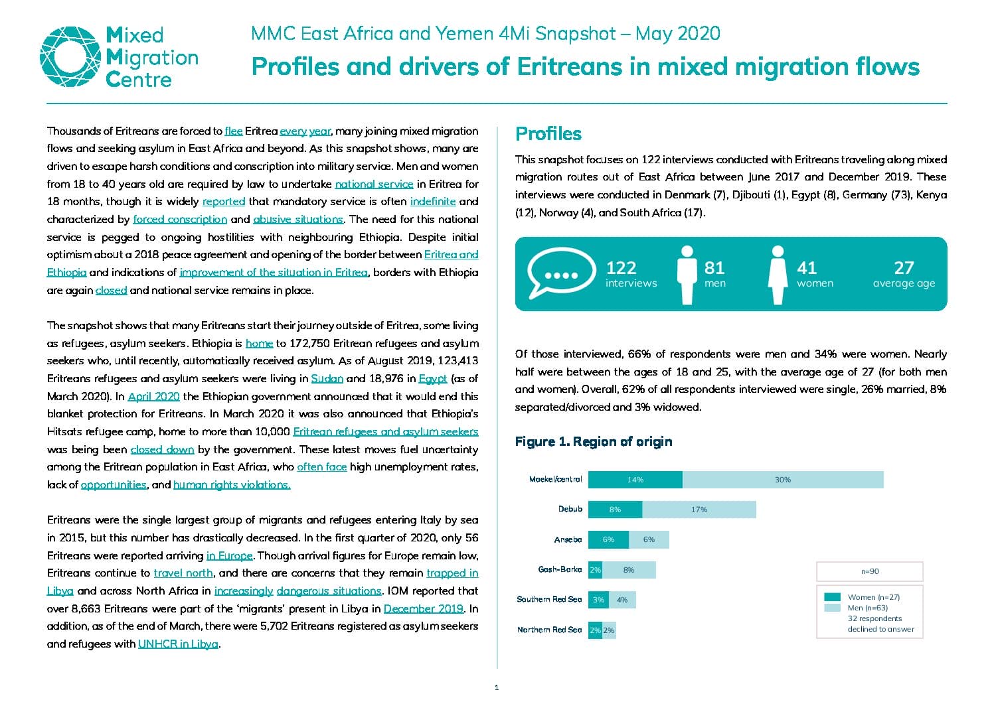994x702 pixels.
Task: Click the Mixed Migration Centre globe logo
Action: (x=70, y=57)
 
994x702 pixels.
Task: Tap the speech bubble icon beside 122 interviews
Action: (x=561, y=273)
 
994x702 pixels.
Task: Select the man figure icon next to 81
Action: (x=687, y=275)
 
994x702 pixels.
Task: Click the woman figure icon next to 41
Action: (x=778, y=275)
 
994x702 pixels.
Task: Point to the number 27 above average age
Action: (x=904, y=268)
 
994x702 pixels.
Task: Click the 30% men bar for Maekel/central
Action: (x=783, y=479)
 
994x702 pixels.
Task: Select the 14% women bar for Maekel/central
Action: (x=635, y=479)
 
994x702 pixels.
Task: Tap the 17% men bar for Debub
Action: (x=699, y=510)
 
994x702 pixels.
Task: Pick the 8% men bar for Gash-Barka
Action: (x=629, y=570)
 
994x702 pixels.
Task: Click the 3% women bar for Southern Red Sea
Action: (x=599, y=600)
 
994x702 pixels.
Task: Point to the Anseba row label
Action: (x=568, y=539)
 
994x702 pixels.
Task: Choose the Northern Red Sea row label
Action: (x=549, y=630)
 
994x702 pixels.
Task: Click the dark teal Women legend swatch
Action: (x=833, y=597)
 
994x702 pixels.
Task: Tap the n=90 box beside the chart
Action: (x=870, y=571)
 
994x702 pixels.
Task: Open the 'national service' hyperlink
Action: (x=374, y=184)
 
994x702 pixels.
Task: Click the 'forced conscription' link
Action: (x=180, y=220)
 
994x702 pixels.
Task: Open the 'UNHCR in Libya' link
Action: (x=179, y=644)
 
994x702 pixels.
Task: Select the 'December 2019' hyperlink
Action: (x=424, y=608)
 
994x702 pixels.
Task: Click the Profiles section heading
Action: (x=548, y=133)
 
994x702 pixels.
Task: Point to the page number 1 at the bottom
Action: (x=497, y=688)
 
